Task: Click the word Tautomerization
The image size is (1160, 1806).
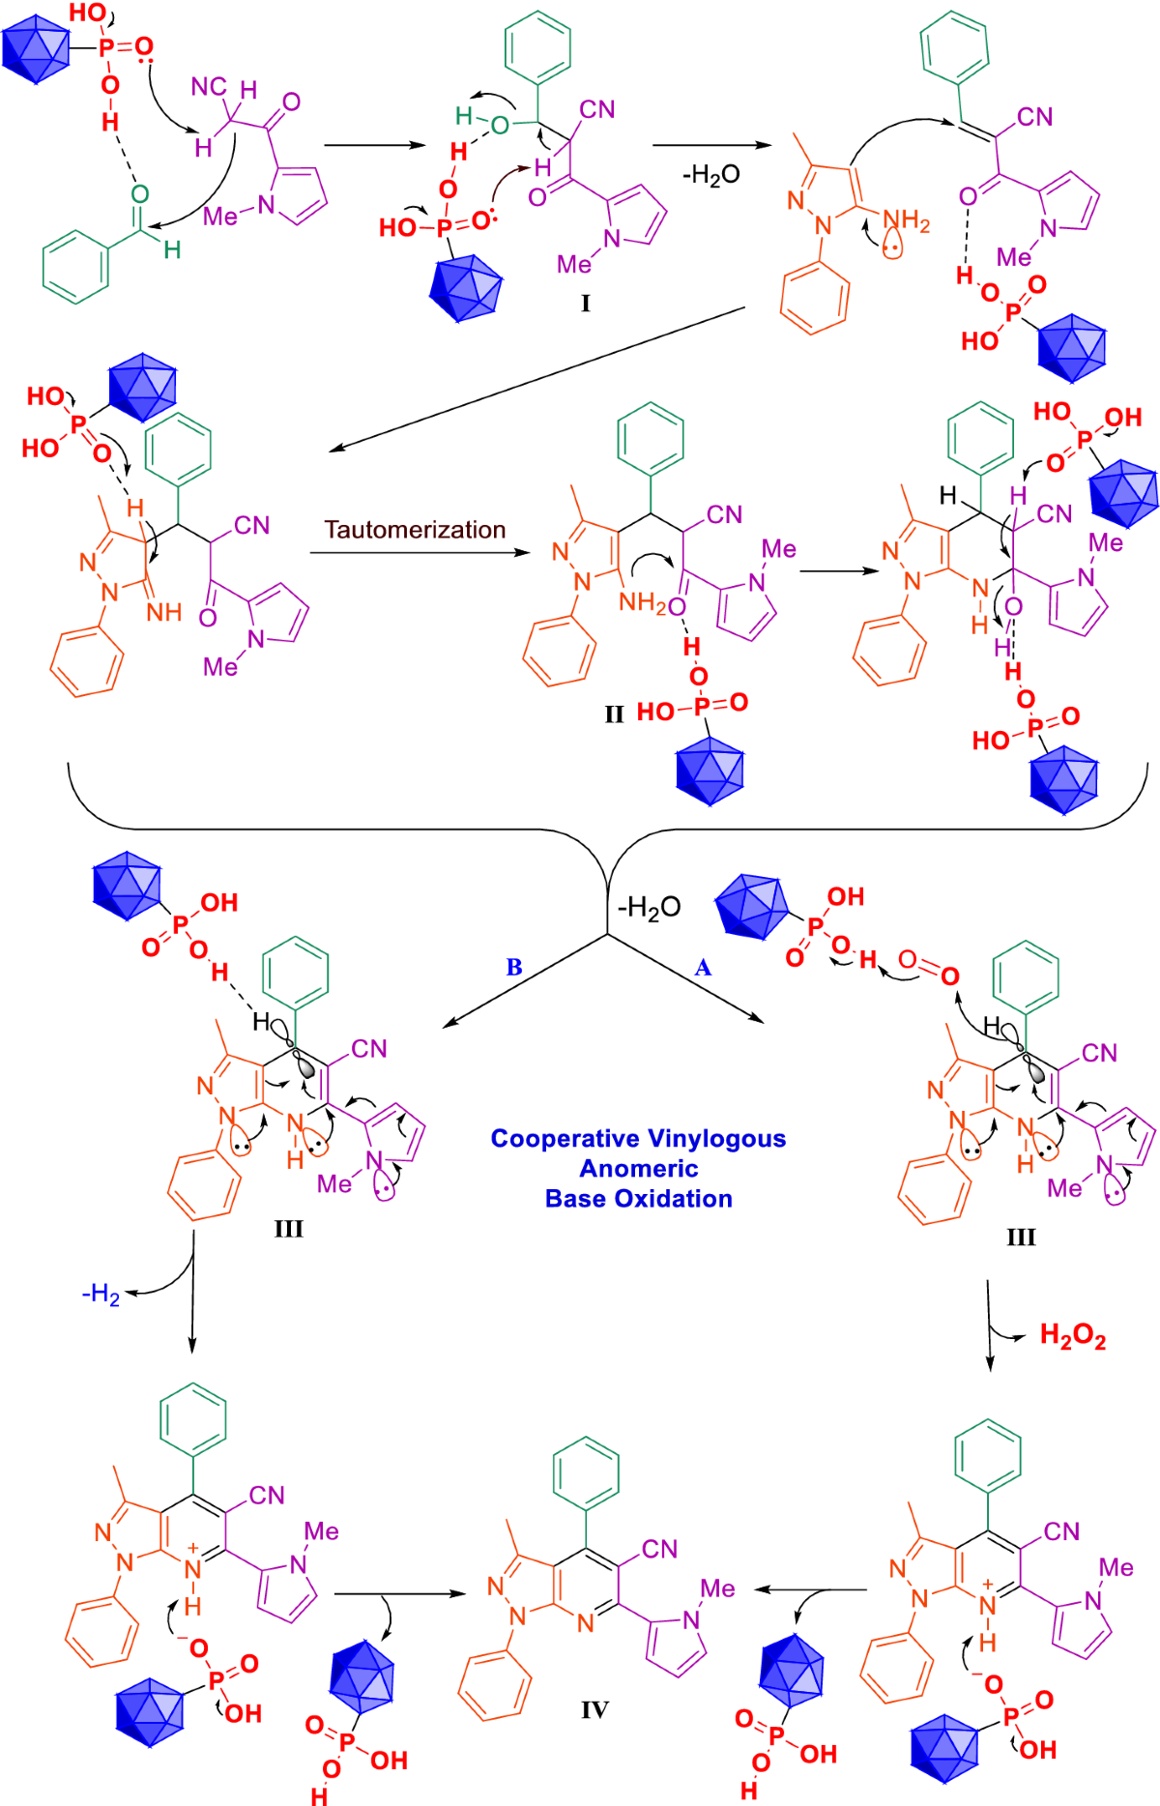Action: [415, 530]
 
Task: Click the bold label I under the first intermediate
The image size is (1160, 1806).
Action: [585, 303]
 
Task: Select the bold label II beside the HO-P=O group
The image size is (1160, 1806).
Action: [614, 714]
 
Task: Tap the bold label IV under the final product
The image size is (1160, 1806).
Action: [594, 1709]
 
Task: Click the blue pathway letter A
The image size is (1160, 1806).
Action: [703, 968]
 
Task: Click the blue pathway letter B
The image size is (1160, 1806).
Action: [514, 967]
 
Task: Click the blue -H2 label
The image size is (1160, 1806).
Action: [101, 1294]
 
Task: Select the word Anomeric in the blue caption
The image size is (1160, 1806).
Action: [638, 1169]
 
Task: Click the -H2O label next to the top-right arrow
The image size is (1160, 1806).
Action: [710, 174]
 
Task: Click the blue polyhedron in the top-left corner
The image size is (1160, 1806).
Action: [36, 49]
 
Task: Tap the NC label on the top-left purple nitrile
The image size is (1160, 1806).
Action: [208, 87]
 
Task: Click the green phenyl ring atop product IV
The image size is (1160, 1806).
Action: [586, 1473]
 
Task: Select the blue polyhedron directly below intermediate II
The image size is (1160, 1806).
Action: [710, 771]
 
